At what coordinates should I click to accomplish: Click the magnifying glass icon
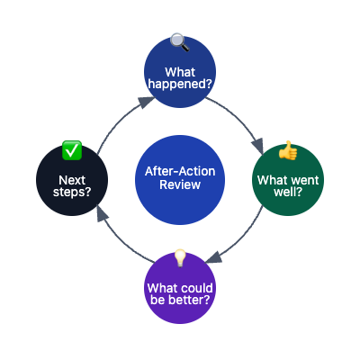click(x=180, y=40)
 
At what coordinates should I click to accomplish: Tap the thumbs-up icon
click(x=287, y=149)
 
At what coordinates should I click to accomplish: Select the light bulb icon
click(x=180, y=257)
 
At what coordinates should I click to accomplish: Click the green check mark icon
click(x=72, y=149)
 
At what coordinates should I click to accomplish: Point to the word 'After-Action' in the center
click(x=180, y=171)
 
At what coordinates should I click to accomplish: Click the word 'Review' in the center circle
click(x=180, y=185)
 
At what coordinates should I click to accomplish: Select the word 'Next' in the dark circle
click(x=72, y=179)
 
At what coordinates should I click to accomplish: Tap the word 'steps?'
click(x=72, y=193)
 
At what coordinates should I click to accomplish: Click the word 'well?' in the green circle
click(x=288, y=193)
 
